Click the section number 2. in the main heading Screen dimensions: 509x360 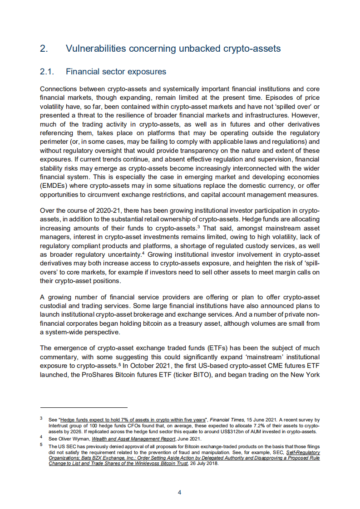click(44, 49)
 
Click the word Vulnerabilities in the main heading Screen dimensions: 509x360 click(94, 49)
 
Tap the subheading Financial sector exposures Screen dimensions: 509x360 click(116, 72)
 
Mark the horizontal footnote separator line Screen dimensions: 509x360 click(84, 407)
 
